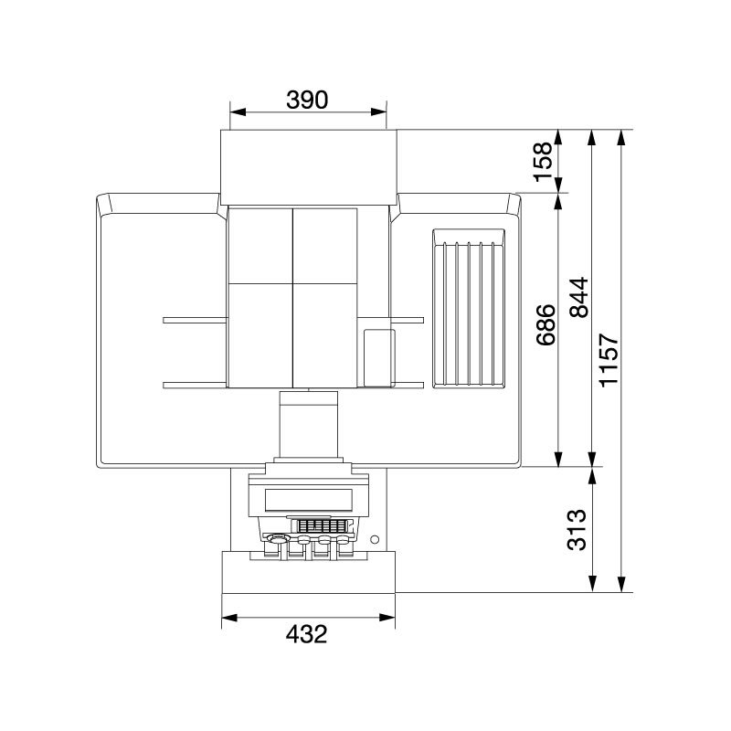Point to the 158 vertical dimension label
coord(545,162)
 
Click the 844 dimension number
coord(578,298)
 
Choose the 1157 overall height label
coord(609,361)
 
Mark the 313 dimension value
coord(577,530)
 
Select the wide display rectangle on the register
coord(309,500)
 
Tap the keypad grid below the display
coord(320,527)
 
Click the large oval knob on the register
coord(273,539)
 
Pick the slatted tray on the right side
coord(469,308)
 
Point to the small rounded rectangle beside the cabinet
coord(378,354)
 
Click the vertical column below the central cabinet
coord(310,424)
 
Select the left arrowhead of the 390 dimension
coord(234,112)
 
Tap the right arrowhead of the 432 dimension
coord(390,619)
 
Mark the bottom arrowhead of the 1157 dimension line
coord(622,588)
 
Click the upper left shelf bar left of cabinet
coord(195,320)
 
